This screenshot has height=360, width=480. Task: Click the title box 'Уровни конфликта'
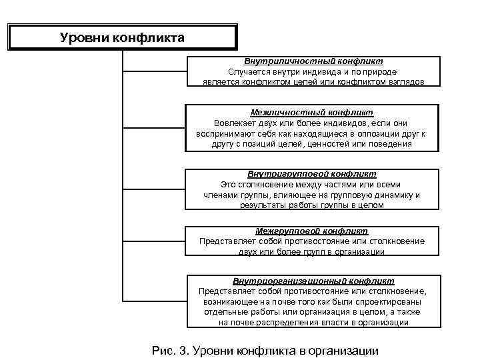click(122, 37)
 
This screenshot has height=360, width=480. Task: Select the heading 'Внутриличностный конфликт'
click(313, 61)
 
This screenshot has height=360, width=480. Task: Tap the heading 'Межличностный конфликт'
click(312, 113)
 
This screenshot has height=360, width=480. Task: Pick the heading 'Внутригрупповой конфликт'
click(312, 174)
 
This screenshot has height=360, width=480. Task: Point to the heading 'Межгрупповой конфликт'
click(312, 231)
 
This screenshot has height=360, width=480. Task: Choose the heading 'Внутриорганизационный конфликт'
click(313, 281)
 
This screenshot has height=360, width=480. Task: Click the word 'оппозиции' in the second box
click(367, 133)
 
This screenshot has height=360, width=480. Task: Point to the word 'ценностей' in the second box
click(335, 143)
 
